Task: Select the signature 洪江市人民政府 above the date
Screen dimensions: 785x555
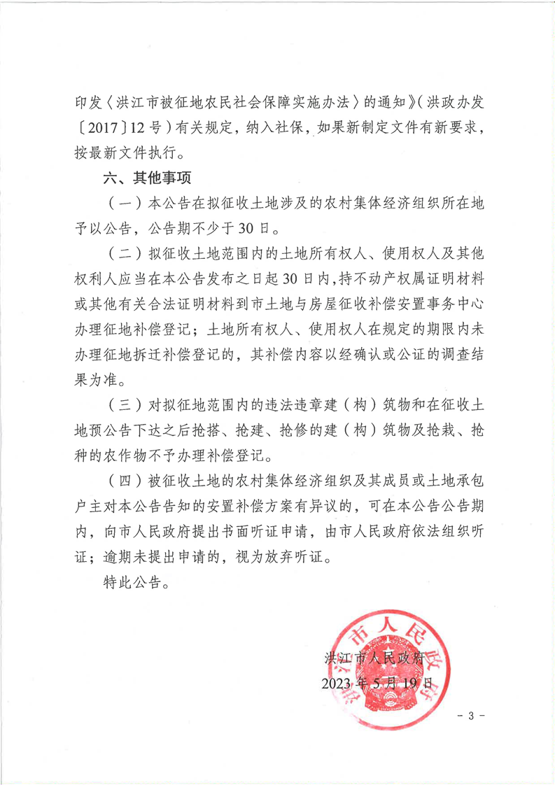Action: pyautogui.click(x=375, y=658)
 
